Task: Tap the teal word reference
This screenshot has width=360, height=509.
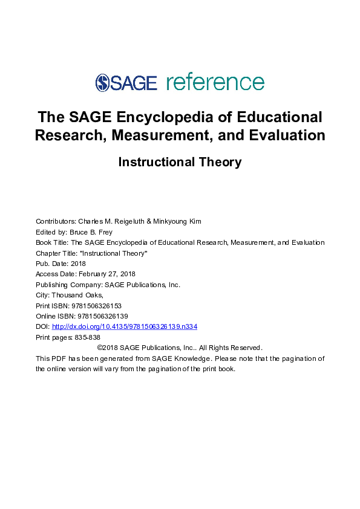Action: (x=215, y=82)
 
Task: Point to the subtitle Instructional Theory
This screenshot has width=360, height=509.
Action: (x=180, y=162)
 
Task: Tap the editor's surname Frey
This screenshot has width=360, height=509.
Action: (x=106, y=232)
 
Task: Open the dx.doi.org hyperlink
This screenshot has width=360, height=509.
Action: (x=125, y=326)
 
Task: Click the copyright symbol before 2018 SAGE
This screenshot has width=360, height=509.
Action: (x=100, y=348)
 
